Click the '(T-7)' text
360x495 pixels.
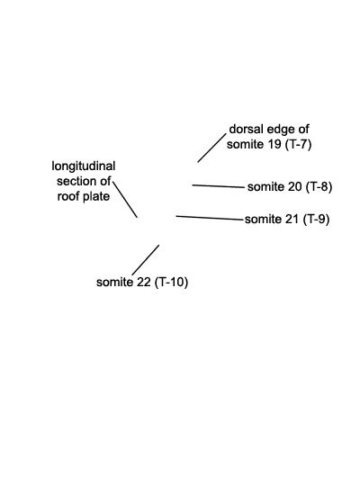point(298,145)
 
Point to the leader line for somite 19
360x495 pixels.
point(211,148)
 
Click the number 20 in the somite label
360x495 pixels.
point(295,187)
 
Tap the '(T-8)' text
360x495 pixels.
point(319,187)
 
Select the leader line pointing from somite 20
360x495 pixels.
point(218,186)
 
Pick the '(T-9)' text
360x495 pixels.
point(317,219)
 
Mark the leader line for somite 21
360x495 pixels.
point(210,218)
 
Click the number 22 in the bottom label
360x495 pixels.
point(144,282)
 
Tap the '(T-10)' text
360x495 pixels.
point(172,282)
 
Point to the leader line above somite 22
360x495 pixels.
point(146,260)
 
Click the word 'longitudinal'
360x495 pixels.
point(84,166)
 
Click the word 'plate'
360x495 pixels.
point(96,197)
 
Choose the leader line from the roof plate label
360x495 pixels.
point(125,199)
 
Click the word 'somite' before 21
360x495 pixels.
point(263,219)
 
